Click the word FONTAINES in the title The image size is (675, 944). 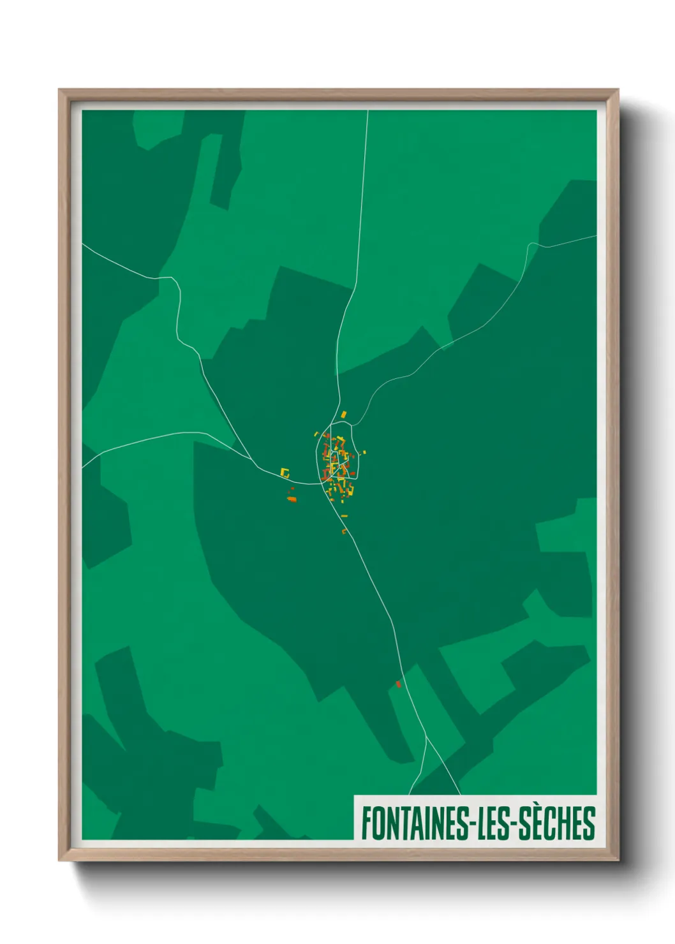(415, 823)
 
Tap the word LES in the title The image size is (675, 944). (495, 823)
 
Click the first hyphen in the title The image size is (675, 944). (474, 824)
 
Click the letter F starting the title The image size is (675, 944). (367, 823)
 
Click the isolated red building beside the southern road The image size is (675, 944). (399, 684)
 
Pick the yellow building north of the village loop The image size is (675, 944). (343, 415)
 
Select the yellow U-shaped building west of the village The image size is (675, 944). (285, 473)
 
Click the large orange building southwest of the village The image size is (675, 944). (292, 499)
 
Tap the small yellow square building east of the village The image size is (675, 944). (364, 452)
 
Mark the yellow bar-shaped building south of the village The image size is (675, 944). (345, 515)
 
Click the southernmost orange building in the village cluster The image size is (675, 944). (344, 531)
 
